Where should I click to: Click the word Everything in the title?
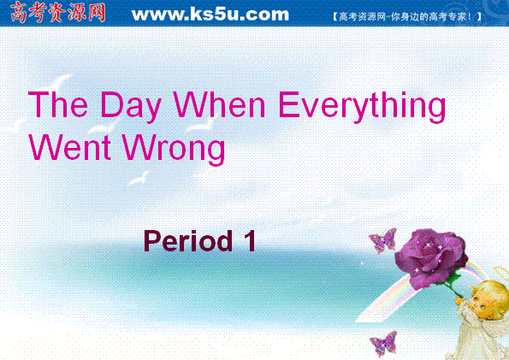(x=362, y=106)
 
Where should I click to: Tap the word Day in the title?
(x=131, y=106)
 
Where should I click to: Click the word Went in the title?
(x=70, y=147)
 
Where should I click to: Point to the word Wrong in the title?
(x=174, y=150)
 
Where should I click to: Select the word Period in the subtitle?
(x=188, y=240)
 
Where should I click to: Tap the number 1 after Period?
(x=250, y=240)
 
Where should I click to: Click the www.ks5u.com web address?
(x=210, y=15)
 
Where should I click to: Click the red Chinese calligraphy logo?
(x=57, y=13)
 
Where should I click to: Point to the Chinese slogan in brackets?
(x=407, y=16)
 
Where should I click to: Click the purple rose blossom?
(x=431, y=257)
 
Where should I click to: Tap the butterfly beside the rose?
(x=383, y=240)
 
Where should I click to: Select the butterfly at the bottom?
(x=384, y=344)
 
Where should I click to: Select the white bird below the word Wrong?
(x=139, y=177)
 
